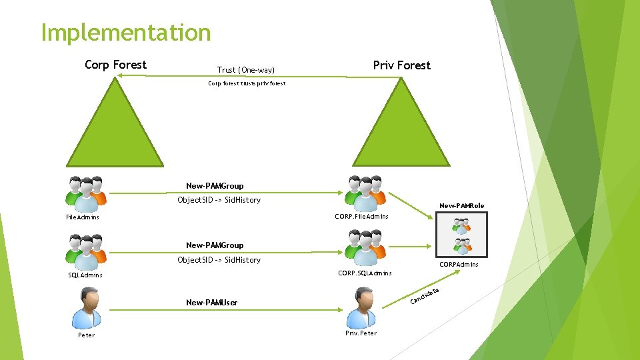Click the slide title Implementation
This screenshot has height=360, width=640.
click(x=125, y=32)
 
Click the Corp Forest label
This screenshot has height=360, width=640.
click(x=115, y=65)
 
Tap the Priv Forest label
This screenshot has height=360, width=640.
click(x=401, y=65)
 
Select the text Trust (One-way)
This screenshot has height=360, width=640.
click(x=246, y=70)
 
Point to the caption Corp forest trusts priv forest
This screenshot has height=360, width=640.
click(x=247, y=84)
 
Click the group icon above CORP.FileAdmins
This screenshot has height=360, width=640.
click(x=365, y=193)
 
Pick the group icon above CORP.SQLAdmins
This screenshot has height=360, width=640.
click(x=365, y=249)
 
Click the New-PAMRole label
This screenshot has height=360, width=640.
click(x=461, y=205)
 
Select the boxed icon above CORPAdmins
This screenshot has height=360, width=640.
click(x=461, y=235)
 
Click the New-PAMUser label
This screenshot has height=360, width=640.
click(x=211, y=303)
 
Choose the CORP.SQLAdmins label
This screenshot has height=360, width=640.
click(x=365, y=273)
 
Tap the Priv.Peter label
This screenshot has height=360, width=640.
click(x=361, y=333)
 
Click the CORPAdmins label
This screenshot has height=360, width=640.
click(x=459, y=265)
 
